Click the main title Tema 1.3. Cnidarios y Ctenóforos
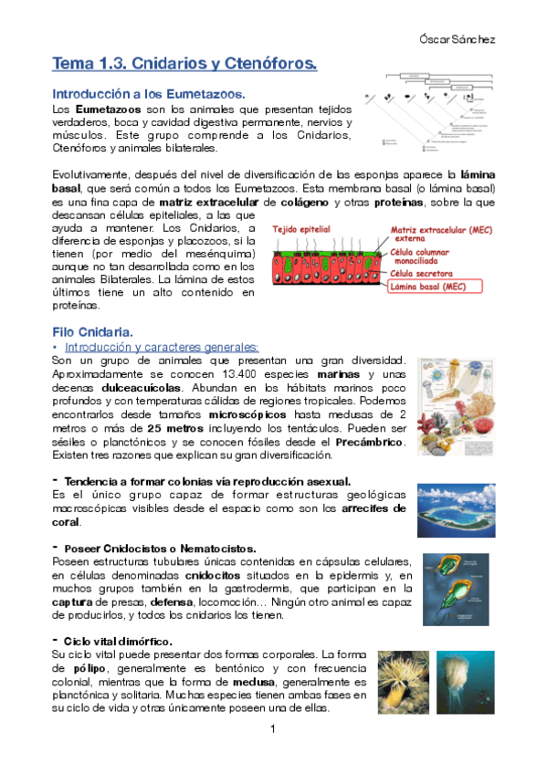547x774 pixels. tap(184, 65)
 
